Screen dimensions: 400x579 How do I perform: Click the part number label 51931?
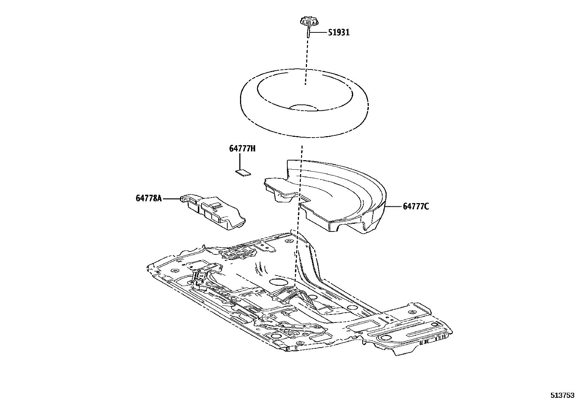pyautogui.click(x=338, y=32)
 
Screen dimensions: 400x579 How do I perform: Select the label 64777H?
pyautogui.click(x=242, y=148)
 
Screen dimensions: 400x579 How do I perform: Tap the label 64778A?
pyautogui.click(x=148, y=198)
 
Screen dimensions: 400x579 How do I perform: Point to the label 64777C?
pyautogui.click(x=416, y=207)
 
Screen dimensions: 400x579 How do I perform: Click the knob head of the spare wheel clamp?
pyautogui.click(x=308, y=23)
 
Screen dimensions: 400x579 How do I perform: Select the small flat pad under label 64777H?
pyautogui.click(x=242, y=172)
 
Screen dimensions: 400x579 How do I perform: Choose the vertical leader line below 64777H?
pyautogui.click(x=240, y=161)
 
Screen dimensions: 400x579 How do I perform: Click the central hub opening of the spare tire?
pyautogui.click(x=304, y=107)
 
